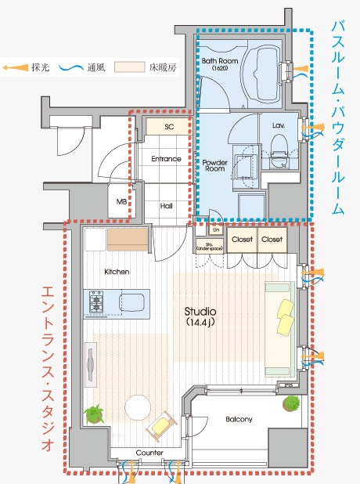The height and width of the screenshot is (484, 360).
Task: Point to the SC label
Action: (168, 125)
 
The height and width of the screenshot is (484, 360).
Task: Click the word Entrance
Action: (166, 159)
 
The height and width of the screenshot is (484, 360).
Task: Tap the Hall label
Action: (167, 206)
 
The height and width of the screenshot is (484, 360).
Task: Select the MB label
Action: (121, 201)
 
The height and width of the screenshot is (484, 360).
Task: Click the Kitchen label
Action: (116, 272)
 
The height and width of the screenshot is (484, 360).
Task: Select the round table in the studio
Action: (139, 407)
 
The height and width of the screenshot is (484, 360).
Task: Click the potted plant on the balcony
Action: (291, 404)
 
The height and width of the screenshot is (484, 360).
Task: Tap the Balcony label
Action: (239, 420)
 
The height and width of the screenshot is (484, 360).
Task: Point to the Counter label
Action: (149, 453)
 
